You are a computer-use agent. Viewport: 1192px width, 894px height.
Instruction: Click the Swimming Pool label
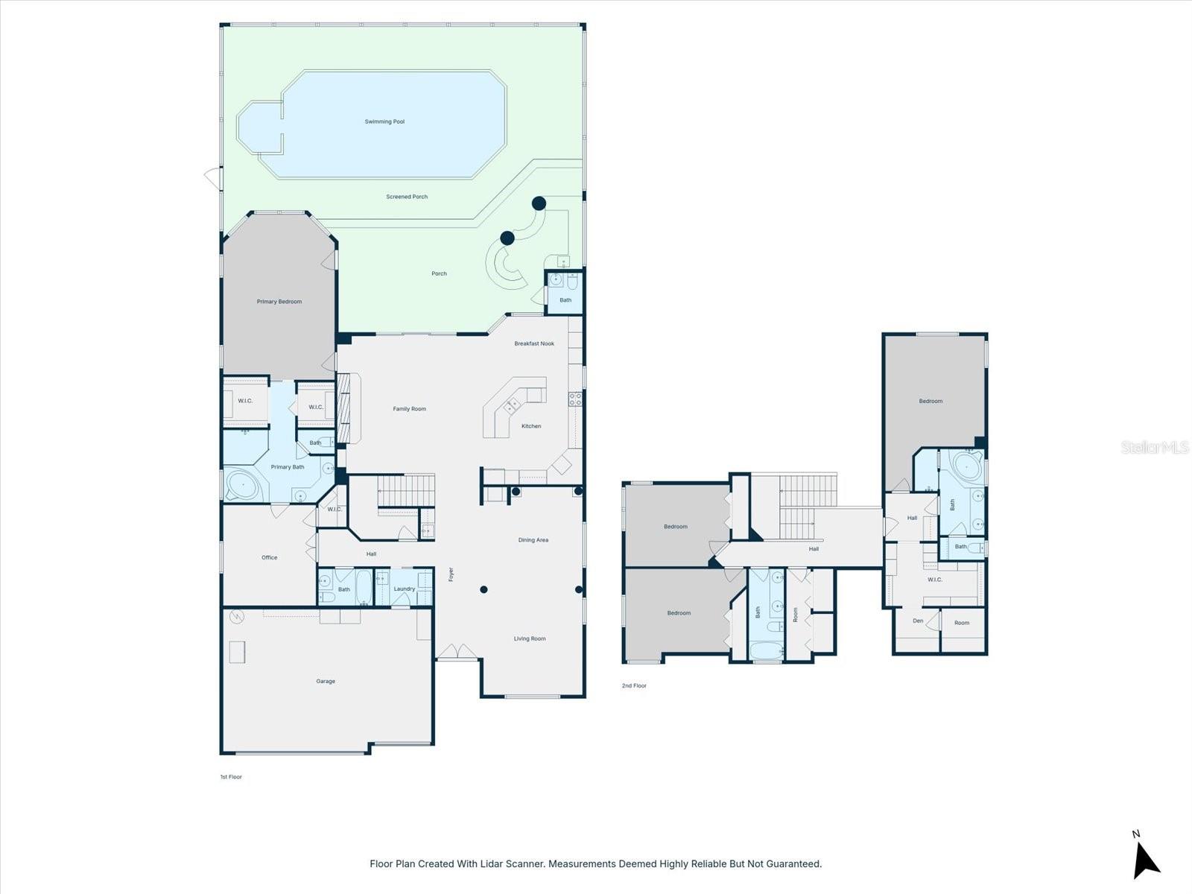click(384, 121)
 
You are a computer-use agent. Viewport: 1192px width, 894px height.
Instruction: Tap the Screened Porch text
click(407, 197)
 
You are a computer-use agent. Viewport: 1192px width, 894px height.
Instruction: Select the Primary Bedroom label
click(279, 302)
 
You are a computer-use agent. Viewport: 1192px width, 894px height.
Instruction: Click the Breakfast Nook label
click(534, 343)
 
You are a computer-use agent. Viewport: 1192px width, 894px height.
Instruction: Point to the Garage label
click(326, 681)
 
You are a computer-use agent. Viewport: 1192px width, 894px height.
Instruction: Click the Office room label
click(270, 557)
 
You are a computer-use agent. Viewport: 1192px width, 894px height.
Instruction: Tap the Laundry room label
click(405, 589)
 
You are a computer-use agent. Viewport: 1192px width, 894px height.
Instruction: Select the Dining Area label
click(533, 539)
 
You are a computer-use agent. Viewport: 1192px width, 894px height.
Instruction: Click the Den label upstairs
click(918, 621)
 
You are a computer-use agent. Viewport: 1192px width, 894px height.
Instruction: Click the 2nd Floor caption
click(634, 685)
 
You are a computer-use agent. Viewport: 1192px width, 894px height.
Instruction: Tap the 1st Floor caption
click(231, 777)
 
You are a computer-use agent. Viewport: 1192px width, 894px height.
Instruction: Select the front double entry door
click(457, 653)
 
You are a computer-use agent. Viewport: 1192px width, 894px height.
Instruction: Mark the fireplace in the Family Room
click(343, 409)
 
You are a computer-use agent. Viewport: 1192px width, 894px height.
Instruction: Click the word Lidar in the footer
click(489, 864)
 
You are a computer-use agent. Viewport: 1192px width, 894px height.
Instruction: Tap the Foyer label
click(451, 574)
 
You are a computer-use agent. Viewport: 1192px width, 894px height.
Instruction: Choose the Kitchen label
click(531, 426)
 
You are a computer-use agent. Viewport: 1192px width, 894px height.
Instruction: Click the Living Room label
click(530, 638)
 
